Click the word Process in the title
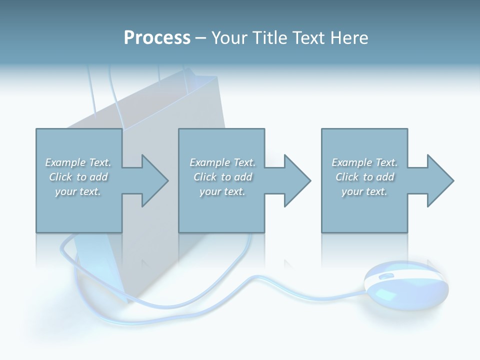point(157,38)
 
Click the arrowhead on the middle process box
point(296,180)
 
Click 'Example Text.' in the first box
point(78,162)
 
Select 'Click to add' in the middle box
point(222,177)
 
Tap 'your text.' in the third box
point(364,191)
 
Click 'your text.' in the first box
point(78,191)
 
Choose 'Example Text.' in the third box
point(364,162)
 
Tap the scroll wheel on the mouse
point(386,276)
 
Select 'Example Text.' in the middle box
point(222,162)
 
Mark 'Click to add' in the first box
point(78,177)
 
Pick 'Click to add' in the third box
point(364,177)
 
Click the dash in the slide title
point(200,38)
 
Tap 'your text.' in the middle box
point(222,191)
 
